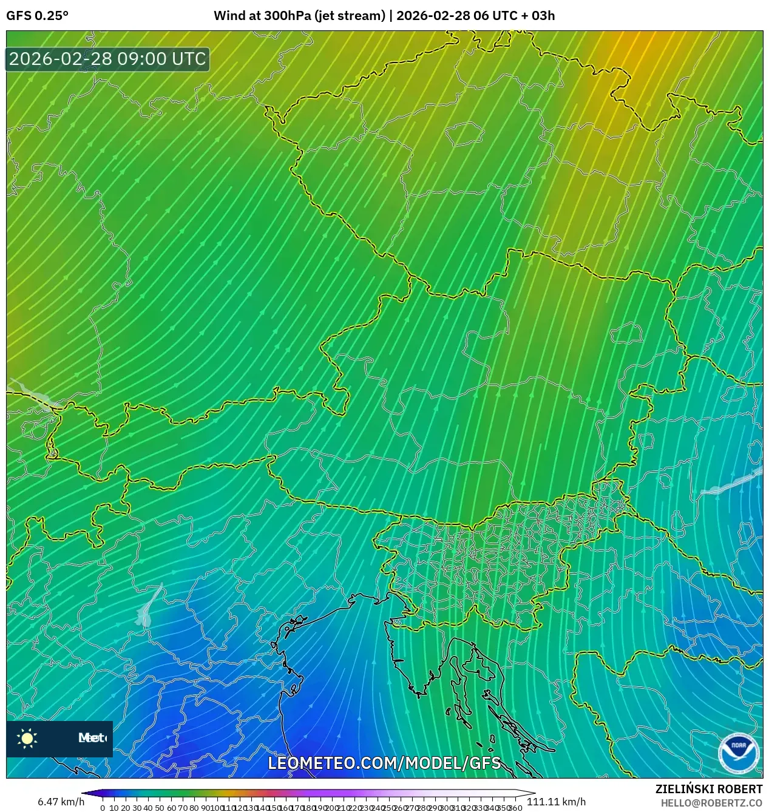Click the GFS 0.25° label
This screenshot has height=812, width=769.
click(37, 16)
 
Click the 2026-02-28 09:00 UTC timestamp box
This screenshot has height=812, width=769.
click(108, 59)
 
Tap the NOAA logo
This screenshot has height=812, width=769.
click(738, 753)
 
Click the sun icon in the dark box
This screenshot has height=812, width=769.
click(27, 738)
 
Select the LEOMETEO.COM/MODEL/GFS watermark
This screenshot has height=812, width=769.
click(384, 763)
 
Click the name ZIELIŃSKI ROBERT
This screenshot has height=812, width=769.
click(708, 789)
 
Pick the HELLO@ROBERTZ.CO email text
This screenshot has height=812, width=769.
click(711, 803)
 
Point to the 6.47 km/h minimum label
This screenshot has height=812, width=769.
click(61, 802)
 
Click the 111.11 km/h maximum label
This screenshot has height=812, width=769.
click(556, 802)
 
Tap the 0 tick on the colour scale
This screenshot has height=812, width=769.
click(103, 808)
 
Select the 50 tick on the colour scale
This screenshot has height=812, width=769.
click(160, 808)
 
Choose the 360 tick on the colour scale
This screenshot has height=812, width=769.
click(515, 808)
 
